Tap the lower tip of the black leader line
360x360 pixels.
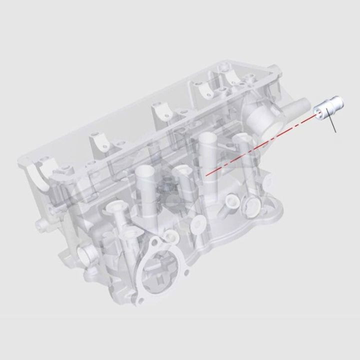[336, 133]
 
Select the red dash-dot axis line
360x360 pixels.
[260, 145]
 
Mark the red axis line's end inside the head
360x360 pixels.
[205, 175]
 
